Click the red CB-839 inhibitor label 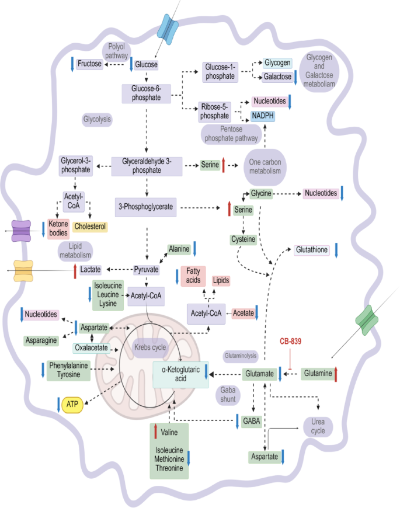point(294,340)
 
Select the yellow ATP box point(72,404)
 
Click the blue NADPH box point(263,116)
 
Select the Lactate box point(91,269)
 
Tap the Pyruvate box point(147,269)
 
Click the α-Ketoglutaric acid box point(180,374)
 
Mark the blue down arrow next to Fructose point(72,64)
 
